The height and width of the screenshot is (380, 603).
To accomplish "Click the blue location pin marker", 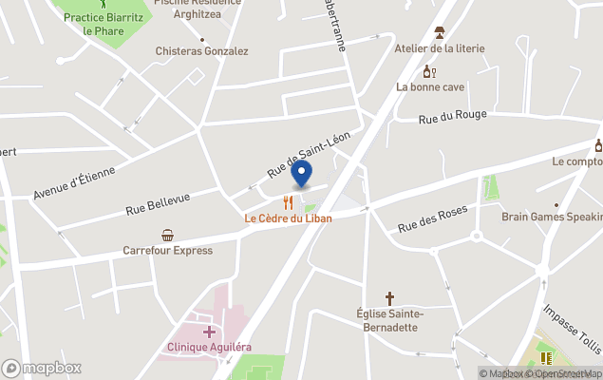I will [x=301, y=175].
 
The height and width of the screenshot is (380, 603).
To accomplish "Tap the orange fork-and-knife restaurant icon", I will [x=287, y=202].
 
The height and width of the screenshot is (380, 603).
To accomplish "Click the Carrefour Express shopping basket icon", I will [x=168, y=235].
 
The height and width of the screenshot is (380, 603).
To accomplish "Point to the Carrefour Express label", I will [x=167, y=251].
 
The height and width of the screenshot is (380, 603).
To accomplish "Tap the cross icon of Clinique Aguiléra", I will [x=209, y=331].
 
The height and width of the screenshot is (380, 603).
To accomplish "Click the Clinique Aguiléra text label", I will [x=209, y=347].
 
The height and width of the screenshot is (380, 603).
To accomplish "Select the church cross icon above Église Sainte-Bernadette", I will [x=389, y=298].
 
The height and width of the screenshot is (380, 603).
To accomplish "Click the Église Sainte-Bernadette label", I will [x=389, y=320].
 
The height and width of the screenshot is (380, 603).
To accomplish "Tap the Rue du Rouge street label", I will [x=453, y=116].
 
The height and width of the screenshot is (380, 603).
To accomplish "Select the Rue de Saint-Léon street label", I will [x=309, y=155].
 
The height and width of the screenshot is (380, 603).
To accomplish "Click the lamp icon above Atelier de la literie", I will [x=440, y=32].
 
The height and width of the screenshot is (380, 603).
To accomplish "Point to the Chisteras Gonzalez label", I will [x=202, y=51].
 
